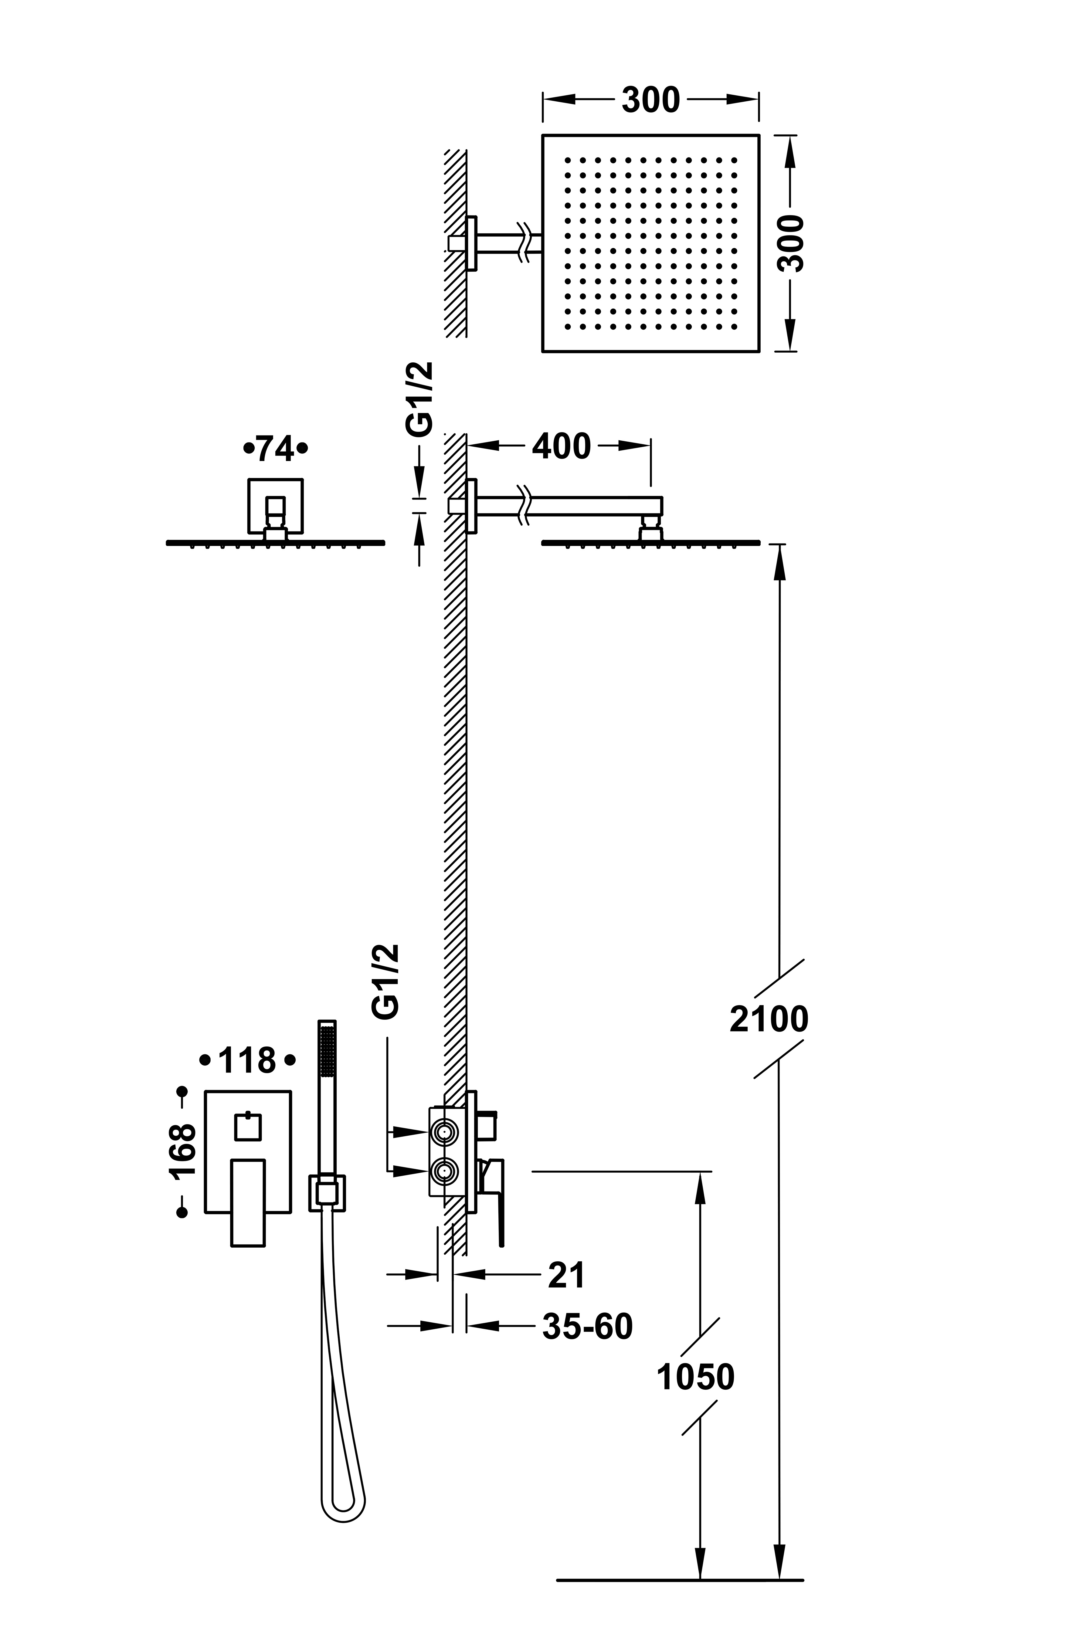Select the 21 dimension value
click(566, 1275)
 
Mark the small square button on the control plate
click(248, 1127)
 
